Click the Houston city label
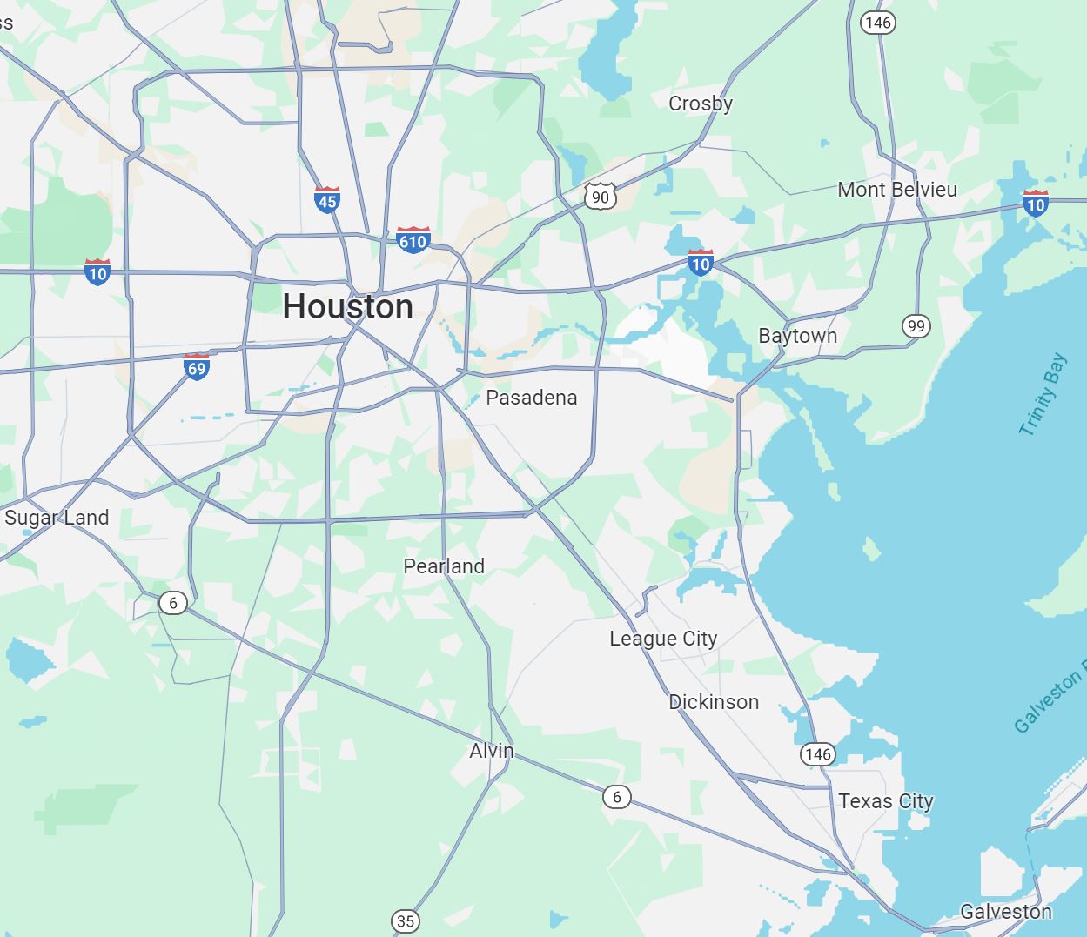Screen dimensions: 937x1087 pos(347,307)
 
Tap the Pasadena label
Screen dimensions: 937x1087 pos(531,398)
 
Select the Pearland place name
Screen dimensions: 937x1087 pos(444,566)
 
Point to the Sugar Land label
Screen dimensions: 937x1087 pos(57,518)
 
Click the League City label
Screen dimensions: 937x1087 pos(663,639)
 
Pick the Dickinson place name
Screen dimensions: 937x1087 pos(714,702)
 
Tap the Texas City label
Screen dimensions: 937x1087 pos(886,801)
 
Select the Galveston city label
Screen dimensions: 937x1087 pos(1005,912)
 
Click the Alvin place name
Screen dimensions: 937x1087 pos(492,751)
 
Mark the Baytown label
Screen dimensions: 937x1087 pos(797,336)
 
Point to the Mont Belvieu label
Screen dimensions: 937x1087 pos(897,190)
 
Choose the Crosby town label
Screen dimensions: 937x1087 pos(701,104)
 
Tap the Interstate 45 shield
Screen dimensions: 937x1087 pos(327,200)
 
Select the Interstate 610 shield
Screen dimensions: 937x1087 pos(413,239)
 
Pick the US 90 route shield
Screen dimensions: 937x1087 pos(601,197)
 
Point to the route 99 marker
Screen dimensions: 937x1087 pos(916,326)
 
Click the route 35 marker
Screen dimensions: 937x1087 pos(406,920)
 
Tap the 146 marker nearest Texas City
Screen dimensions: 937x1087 pos(818,753)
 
